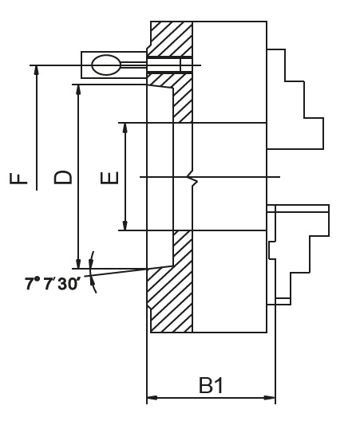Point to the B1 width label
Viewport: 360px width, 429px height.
211,386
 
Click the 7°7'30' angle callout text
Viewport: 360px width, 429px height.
53,283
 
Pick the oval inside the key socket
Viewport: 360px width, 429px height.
105,65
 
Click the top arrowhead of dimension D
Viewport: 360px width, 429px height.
77,89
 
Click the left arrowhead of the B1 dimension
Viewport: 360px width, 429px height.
152,397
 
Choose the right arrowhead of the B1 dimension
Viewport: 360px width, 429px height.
271,397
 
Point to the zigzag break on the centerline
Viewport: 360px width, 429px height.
192,177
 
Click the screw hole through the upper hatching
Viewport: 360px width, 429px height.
164,65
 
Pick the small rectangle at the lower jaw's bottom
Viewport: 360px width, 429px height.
282,301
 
